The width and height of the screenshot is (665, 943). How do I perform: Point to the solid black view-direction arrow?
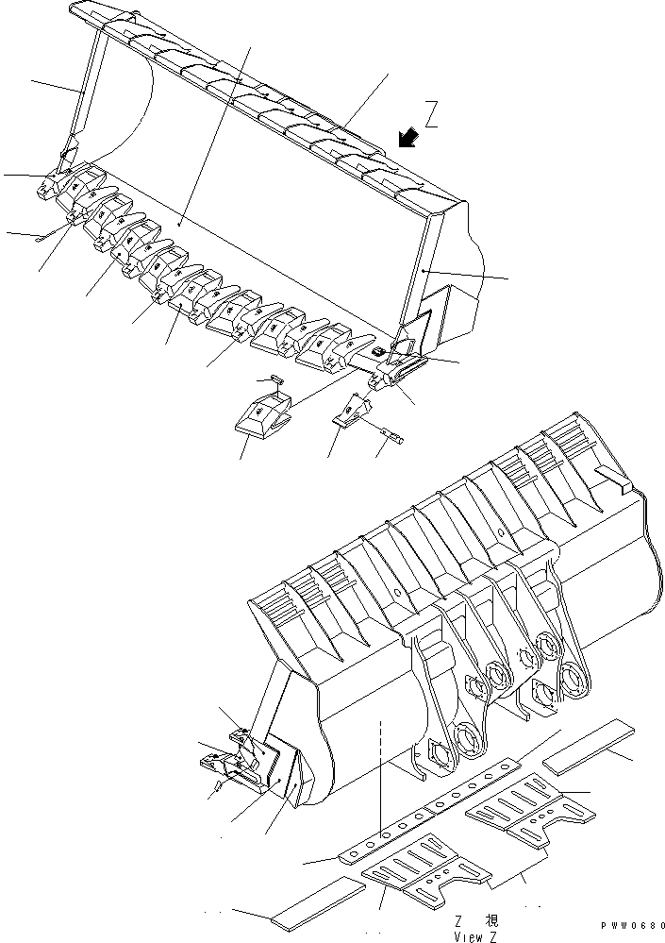pos(407,139)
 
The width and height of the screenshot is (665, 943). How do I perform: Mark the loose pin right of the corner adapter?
pos(393,435)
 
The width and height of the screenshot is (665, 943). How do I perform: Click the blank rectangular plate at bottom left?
pos(317,903)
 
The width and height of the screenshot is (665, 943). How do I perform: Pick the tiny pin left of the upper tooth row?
pos(39,238)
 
